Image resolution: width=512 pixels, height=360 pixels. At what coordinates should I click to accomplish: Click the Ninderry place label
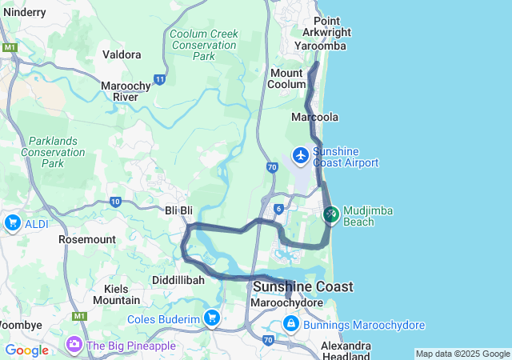coord(25,12)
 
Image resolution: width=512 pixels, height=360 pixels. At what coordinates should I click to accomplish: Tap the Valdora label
coord(122,54)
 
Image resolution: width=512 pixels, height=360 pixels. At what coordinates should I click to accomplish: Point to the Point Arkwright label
coord(326,26)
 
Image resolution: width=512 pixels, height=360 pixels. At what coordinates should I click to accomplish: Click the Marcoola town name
coord(315,117)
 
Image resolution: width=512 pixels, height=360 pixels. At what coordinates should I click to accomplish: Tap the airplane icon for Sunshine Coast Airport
coord(301,154)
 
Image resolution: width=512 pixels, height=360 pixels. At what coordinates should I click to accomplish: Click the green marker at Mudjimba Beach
coord(331,214)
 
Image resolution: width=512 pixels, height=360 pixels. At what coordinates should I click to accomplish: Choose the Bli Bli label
coord(179,210)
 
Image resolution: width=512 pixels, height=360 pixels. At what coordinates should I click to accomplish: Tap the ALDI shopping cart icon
coord(12,223)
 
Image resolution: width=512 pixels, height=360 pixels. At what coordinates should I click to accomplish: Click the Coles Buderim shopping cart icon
coord(211,318)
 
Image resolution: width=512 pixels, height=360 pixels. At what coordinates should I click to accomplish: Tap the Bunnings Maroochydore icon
coord(290,324)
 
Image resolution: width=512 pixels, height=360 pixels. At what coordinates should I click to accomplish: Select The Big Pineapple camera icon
coord(74,345)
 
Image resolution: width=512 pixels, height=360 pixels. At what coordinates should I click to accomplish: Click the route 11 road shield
coord(161,79)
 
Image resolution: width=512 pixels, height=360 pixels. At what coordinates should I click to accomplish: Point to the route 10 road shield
coord(116,202)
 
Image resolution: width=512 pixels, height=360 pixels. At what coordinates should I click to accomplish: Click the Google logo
coord(26,350)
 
